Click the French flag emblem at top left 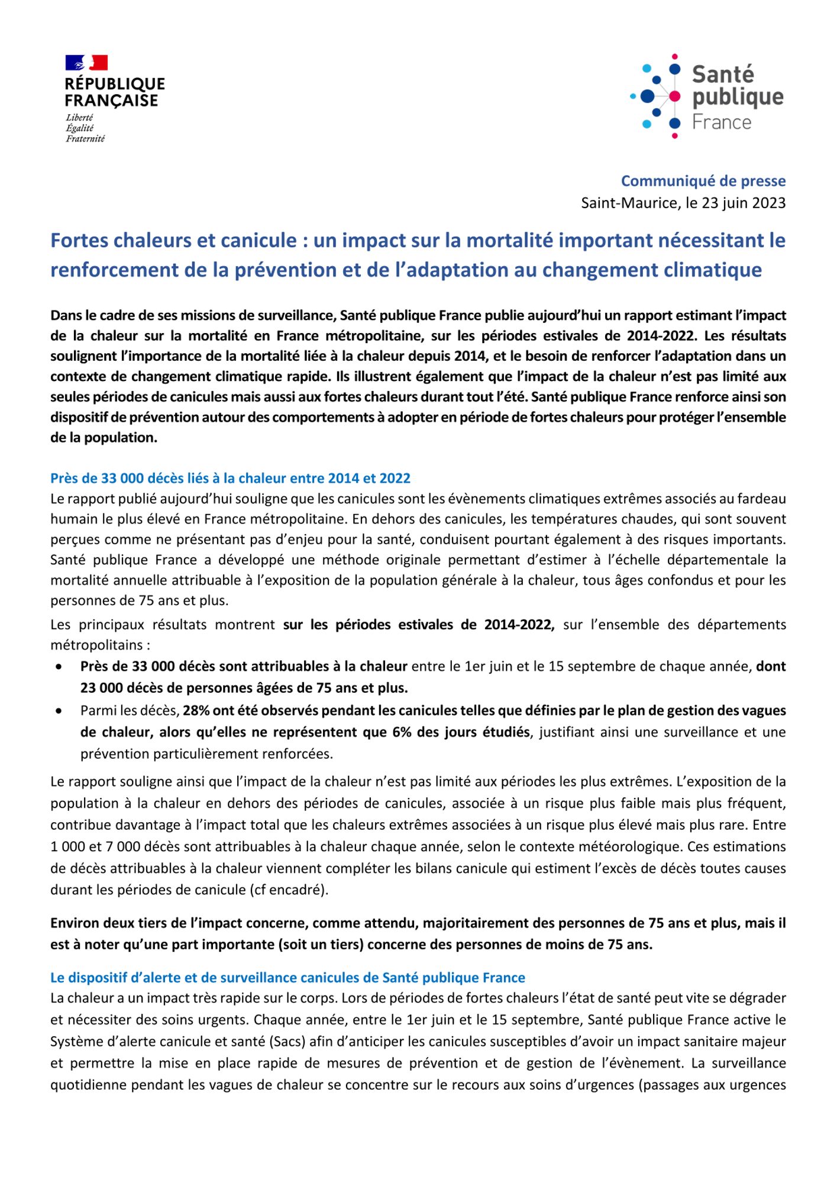point(86,63)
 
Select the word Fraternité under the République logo point(85,139)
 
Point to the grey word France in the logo point(722,122)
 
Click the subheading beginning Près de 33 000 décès point(230,478)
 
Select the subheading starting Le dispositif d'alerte point(287,977)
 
